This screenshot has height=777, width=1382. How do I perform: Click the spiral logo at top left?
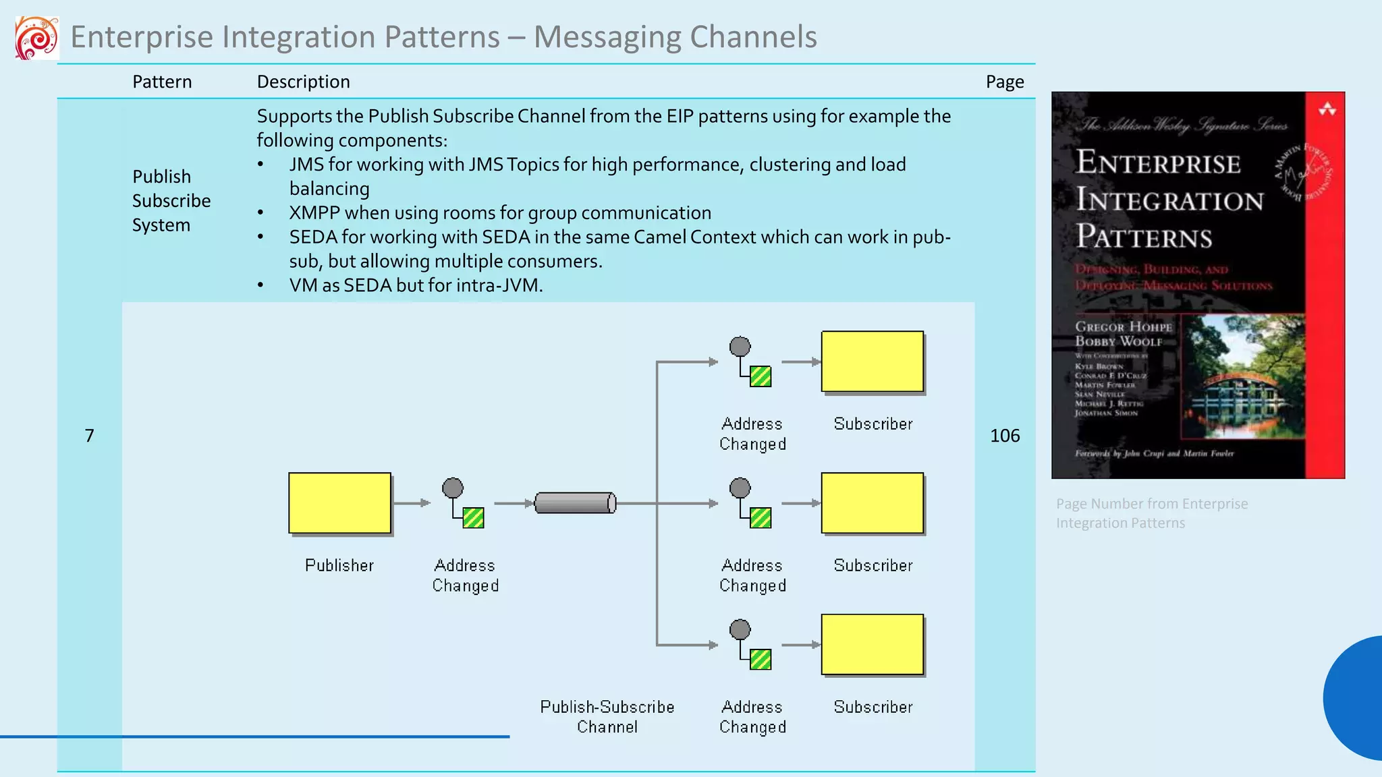pos(36,38)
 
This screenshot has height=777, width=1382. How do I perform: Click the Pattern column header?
pos(162,82)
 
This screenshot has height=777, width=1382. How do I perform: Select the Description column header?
pos(303,82)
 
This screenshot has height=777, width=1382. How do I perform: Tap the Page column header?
pos(1004,82)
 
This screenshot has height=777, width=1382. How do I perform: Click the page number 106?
pos(1004,436)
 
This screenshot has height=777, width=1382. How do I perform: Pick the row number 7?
pos(89,436)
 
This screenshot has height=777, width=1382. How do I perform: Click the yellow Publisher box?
pos(339,503)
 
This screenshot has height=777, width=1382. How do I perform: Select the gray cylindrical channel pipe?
pos(575,503)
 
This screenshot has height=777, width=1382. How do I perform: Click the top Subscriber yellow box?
pos(872,362)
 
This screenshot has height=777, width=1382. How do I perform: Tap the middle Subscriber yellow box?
pos(872,503)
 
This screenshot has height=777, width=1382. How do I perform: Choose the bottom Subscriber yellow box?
pos(872,645)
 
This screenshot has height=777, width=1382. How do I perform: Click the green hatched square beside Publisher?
pos(473,518)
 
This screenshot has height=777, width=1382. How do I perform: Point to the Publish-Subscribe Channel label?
pos(607,716)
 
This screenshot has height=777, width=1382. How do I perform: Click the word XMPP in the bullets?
pos(314,213)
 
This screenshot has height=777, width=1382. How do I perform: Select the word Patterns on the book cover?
pos(1144,237)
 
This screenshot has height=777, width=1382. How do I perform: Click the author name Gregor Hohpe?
pos(1123,327)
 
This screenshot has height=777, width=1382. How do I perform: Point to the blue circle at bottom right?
pos(1356,698)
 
